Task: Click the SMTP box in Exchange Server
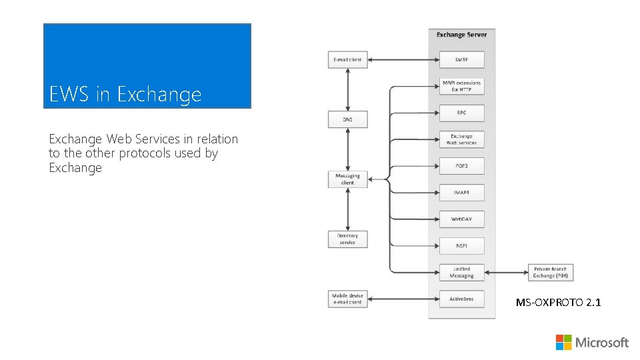coord(461,59)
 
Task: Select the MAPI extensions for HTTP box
coord(461,86)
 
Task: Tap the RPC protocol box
coord(461,113)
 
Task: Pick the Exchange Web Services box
coord(461,139)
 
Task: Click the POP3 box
coord(461,166)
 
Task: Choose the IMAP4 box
coord(461,192)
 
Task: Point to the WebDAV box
coord(461,219)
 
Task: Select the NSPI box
coord(461,245)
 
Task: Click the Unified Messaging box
coord(461,272)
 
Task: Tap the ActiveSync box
coord(461,299)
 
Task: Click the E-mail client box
coord(347,59)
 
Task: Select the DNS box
coord(347,119)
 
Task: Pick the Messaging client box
coord(347,179)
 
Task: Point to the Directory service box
coord(347,239)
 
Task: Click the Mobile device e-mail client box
coord(347,299)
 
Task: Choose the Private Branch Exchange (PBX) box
coord(551,272)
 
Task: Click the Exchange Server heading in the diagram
coord(461,35)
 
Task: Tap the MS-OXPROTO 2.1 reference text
coord(558,303)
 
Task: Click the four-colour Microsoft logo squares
coord(563,342)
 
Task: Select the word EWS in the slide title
coord(70,94)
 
